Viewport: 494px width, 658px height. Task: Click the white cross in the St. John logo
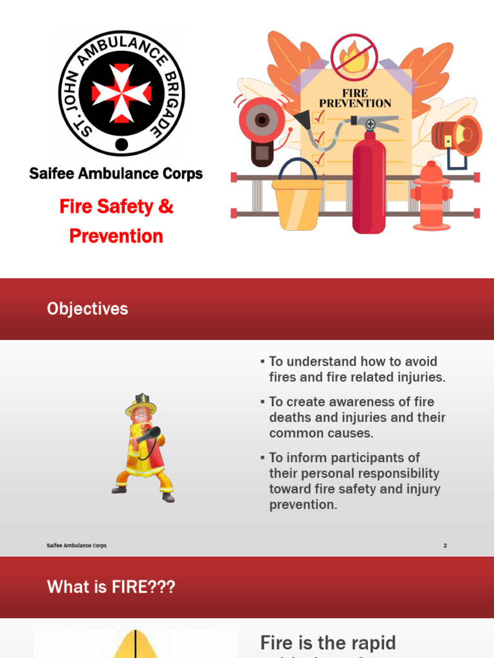pos(122,93)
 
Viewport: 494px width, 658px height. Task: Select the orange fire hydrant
pos(432,197)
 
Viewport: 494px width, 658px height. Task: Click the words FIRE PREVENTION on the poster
pos(355,98)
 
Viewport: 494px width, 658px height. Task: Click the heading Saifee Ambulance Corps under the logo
pos(116,173)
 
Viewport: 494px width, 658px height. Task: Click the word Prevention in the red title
pos(116,236)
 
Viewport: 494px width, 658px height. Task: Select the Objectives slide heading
pos(87,309)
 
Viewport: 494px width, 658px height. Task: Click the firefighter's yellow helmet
pos(141,404)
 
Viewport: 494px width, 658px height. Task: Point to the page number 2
pos(444,546)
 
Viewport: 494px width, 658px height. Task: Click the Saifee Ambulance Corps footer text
pos(77,546)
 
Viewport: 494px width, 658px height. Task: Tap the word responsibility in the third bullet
pos(399,474)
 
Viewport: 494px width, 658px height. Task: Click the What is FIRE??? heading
pos(111,587)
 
